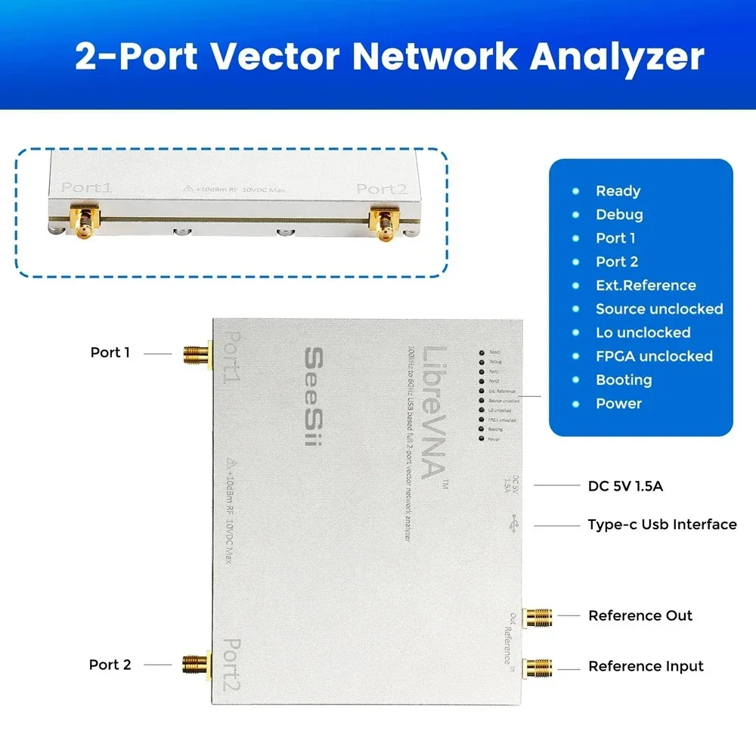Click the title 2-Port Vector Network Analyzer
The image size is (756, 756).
[x=389, y=57]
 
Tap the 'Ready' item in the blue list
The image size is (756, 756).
[x=618, y=191]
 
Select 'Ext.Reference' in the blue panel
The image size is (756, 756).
[x=645, y=286]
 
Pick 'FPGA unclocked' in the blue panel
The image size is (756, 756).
[x=654, y=356]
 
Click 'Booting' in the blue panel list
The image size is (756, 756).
[x=624, y=380]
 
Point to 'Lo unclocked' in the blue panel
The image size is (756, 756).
[x=643, y=333]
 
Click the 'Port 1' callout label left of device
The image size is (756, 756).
[x=110, y=352]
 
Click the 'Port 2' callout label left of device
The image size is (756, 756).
[x=110, y=665]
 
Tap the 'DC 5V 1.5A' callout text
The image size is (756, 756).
[x=625, y=486]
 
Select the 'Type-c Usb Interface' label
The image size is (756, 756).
[x=662, y=525]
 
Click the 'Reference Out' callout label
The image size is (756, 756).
[x=640, y=616]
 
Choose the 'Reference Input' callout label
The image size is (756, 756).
[x=646, y=666]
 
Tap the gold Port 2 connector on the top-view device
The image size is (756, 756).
[x=196, y=665]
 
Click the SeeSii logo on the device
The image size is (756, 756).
[x=311, y=396]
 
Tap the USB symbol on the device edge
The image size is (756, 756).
[x=515, y=522]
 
